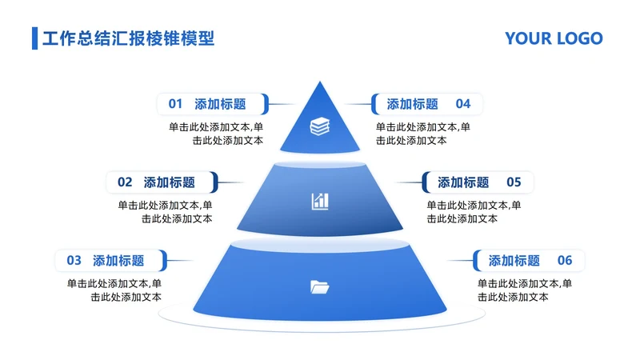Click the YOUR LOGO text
(554, 38)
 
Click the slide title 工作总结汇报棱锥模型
(128, 38)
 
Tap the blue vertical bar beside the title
(34, 38)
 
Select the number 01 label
(176, 104)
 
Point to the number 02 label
(125, 182)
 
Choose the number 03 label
(74, 260)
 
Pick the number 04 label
(463, 104)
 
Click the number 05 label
(514, 182)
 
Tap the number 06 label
(565, 260)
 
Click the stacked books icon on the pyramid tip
(320, 126)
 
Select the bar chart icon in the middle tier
(320, 201)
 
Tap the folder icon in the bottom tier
(319, 286)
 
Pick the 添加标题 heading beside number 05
(463, 182)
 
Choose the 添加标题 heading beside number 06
(514, 260)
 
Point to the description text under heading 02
(165, 211)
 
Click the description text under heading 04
(423, 133)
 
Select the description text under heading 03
(114, 290)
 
